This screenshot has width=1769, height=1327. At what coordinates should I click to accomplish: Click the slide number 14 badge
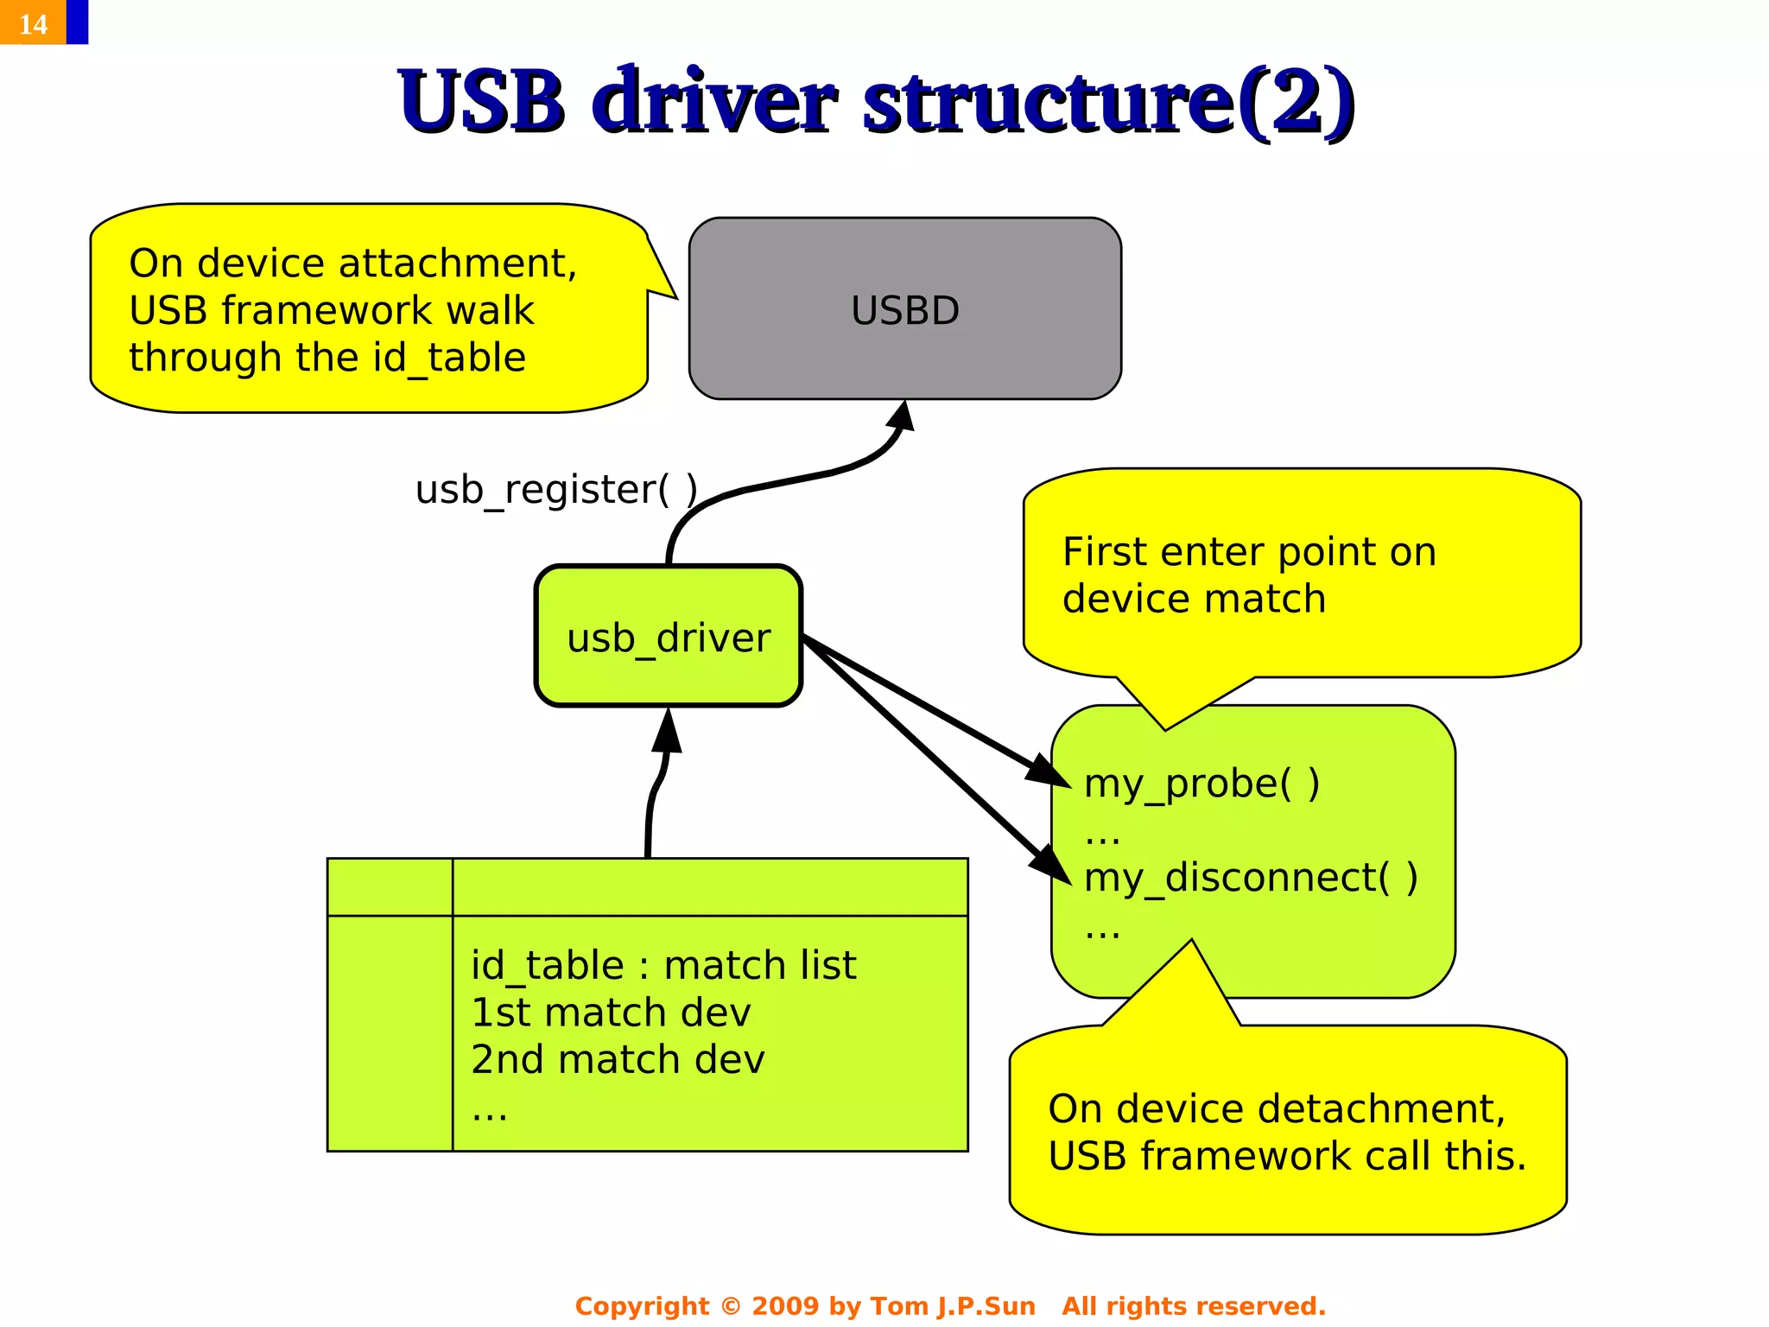click(33, 23)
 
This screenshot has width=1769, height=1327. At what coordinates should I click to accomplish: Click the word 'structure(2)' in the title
click(1109, 102)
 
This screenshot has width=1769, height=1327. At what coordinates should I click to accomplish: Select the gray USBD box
click(904, 309)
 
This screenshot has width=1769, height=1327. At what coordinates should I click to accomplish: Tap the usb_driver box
click(669, 638)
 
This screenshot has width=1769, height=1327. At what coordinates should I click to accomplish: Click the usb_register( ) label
click(556, 489)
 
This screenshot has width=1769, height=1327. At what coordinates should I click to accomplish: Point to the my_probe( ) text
click(1201, 783)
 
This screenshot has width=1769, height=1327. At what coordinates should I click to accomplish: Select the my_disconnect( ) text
click(1250, 877)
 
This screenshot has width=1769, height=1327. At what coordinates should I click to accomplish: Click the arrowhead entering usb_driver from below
click(667, 731)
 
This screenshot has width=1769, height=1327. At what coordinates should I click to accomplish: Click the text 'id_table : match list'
click(663, 965)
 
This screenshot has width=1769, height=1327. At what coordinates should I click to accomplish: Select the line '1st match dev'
click(611, 1013)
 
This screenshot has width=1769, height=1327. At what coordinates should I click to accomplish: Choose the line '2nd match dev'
click(618, 1059)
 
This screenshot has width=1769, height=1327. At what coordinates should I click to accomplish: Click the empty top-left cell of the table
click(390, 887)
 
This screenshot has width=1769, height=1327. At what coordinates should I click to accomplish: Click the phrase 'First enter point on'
click(1248, 551)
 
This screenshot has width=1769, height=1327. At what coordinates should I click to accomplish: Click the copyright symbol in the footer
click(730, 1305)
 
